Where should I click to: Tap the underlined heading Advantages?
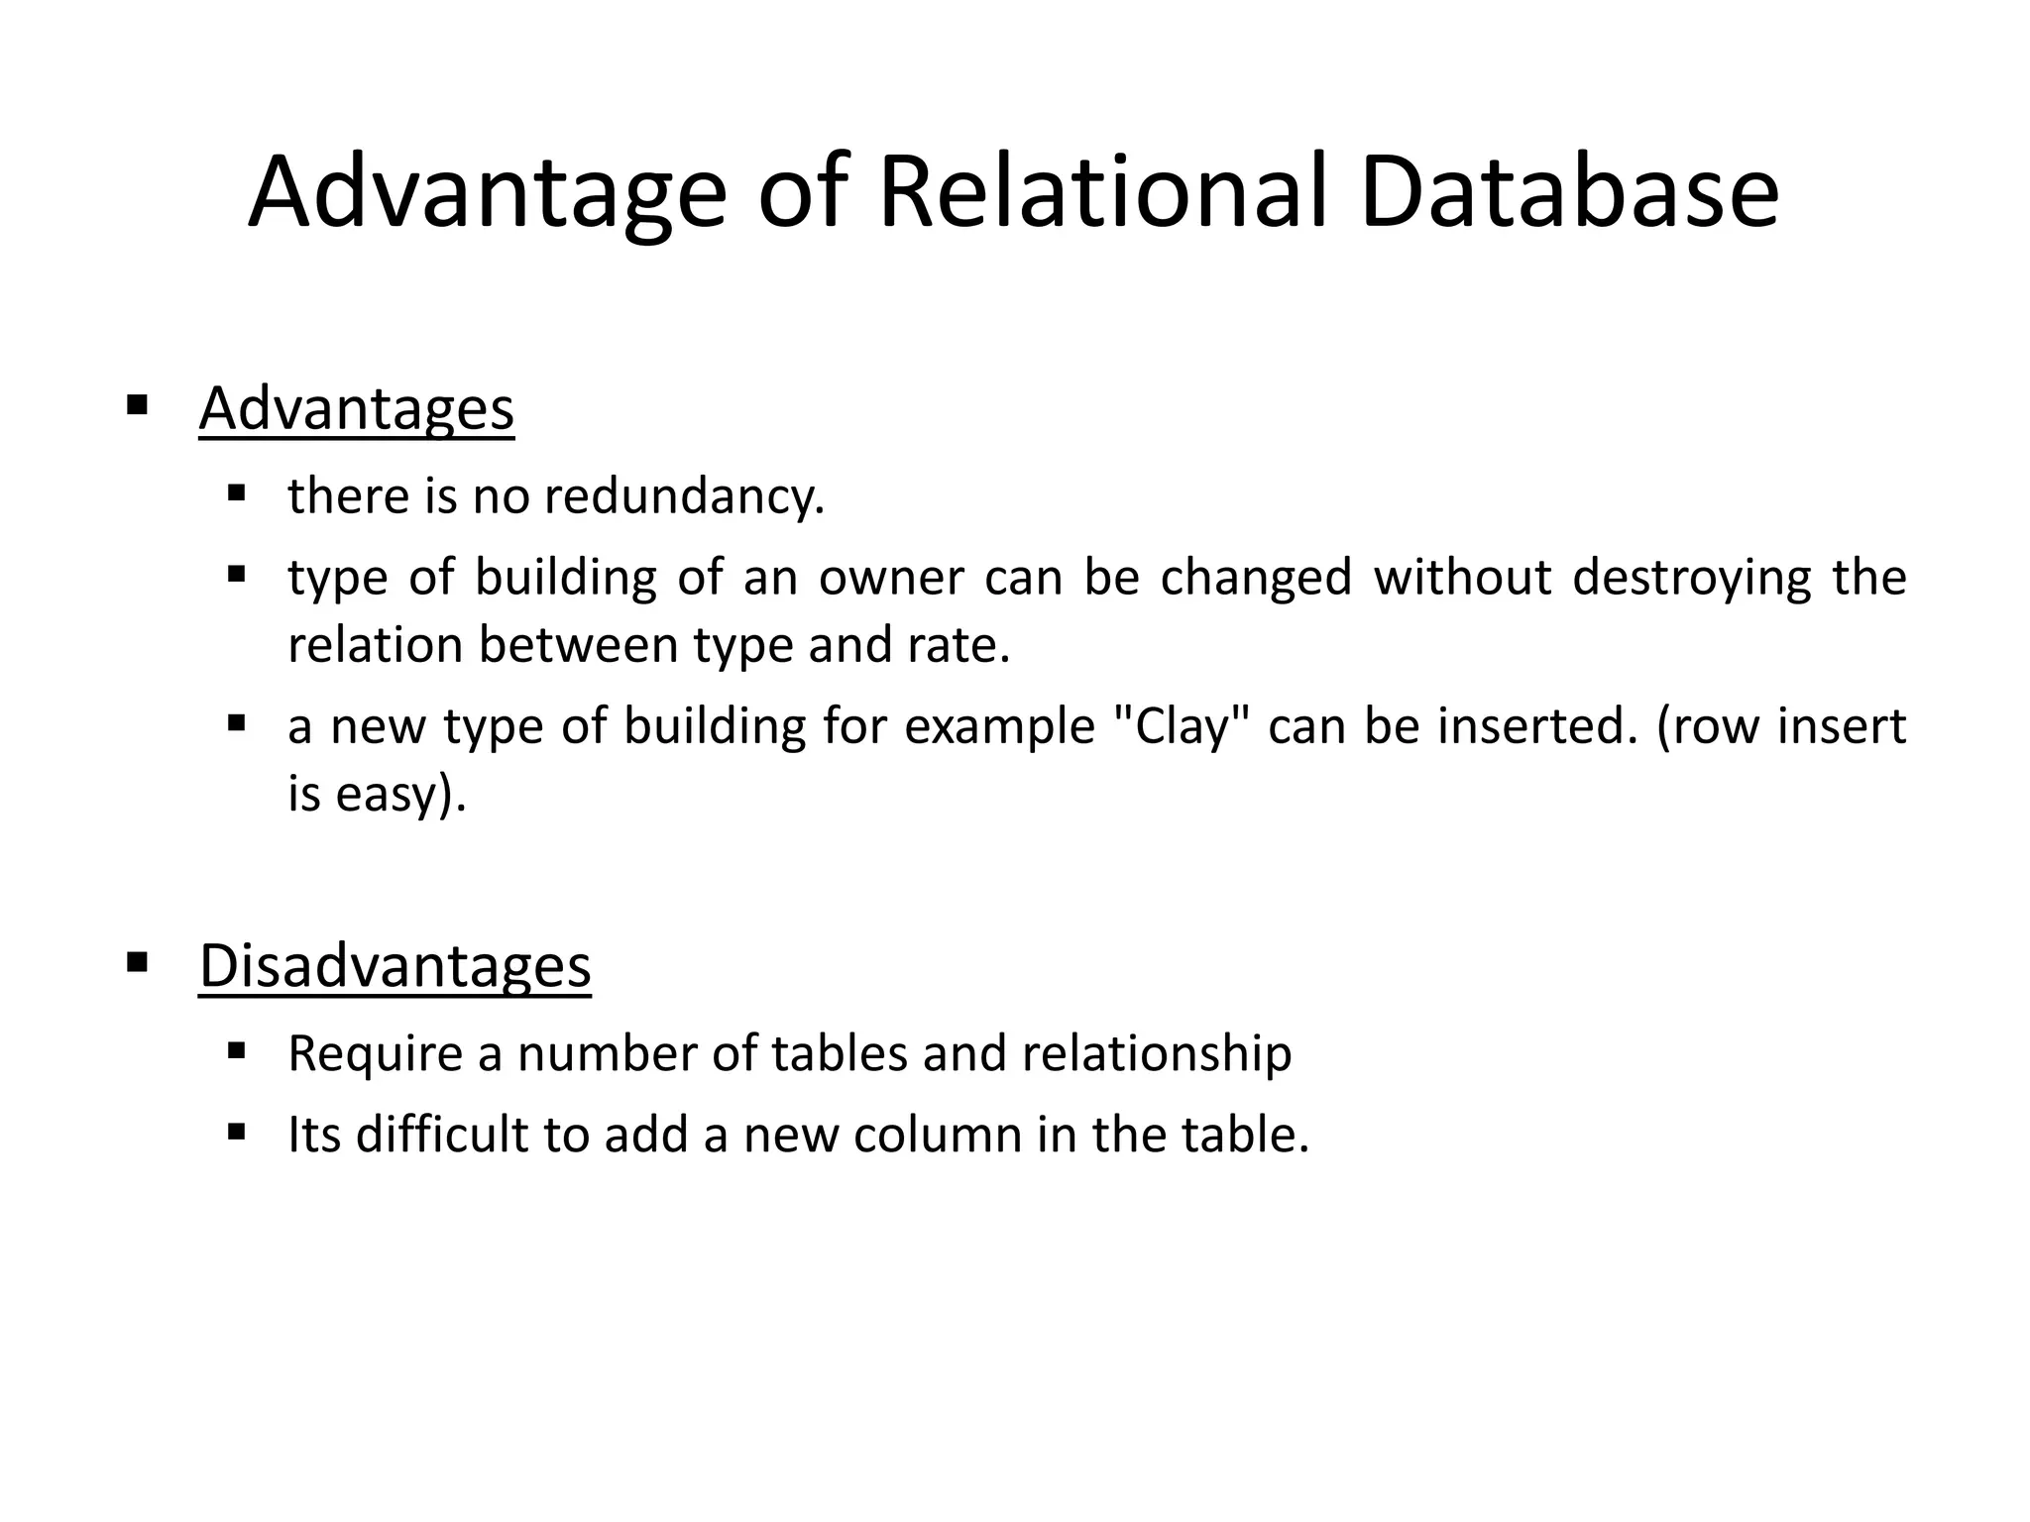tap(356, 408)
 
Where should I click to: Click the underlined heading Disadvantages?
tap(395, 965)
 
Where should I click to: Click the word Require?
tap(375, 1053)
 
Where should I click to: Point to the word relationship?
tap(1157, 1053)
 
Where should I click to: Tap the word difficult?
tap(442, 1135)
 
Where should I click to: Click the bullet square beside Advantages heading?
tap(138, 404)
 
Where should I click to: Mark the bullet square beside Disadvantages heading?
tap(138, 961)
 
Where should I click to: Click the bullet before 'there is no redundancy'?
tap(236, 492)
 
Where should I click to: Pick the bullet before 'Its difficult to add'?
tap(236, 1131)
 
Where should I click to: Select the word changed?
tap(1256, 578)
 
